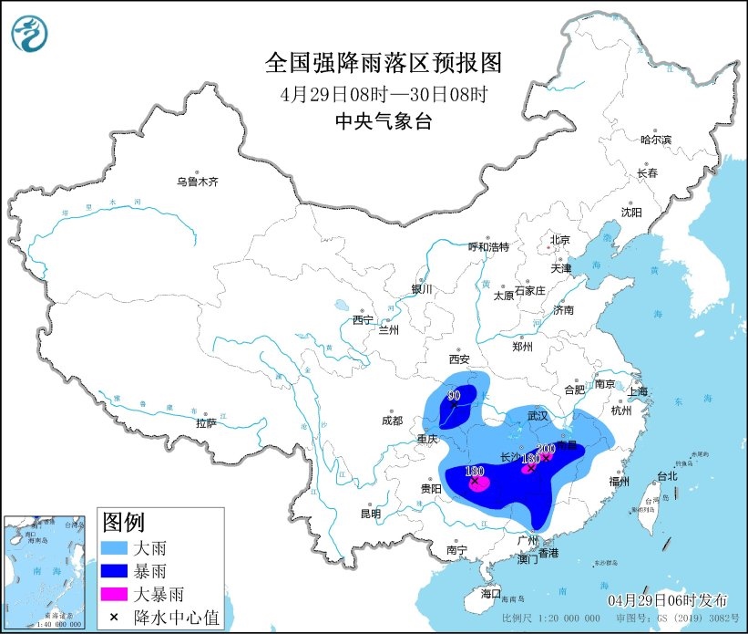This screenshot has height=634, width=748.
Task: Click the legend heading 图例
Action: click(x=123, y=523)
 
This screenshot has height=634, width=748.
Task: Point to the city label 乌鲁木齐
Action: click(x=198, y=182)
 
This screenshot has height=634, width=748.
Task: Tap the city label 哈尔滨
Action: click(x=655, y=140)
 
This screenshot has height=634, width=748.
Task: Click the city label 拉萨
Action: click(x=206, y=422)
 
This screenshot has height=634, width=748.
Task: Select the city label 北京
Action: click(x=558, y=240)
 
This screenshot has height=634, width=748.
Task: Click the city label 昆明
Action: click(x=370, y=514)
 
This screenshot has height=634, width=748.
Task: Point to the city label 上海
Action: click(x=638, y=392)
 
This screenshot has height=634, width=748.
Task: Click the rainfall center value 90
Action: click(x=454, y=396)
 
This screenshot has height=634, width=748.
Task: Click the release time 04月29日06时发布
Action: click(x=670, y=599)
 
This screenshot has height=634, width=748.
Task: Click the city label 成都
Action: click(x=392, y=421)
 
